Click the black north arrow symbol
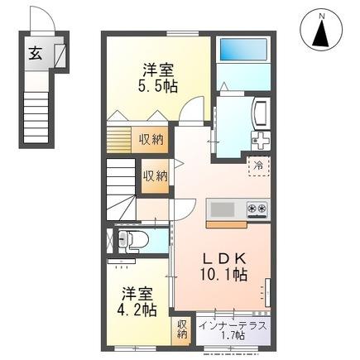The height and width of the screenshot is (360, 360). coord(324,33)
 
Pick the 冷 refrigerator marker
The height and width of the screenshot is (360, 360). coord(258,164)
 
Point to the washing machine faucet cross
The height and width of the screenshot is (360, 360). coord(262,139)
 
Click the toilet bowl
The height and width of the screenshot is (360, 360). coord(139,241)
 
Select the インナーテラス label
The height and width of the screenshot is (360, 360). coord(233,324)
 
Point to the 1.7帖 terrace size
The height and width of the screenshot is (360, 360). coord(233,335)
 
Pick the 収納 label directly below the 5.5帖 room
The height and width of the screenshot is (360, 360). coord(150,139)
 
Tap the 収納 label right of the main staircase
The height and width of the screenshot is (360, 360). coord(155,175)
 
